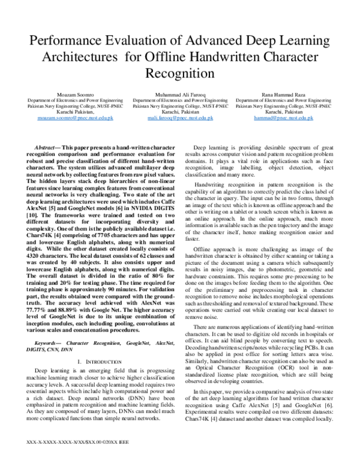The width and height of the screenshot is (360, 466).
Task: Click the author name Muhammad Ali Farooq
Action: (x=180, y=95)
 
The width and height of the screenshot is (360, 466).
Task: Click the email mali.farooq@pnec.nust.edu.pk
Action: (x=180, y=119)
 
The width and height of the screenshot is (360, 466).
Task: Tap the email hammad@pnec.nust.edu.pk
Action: (x=281, y=119)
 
